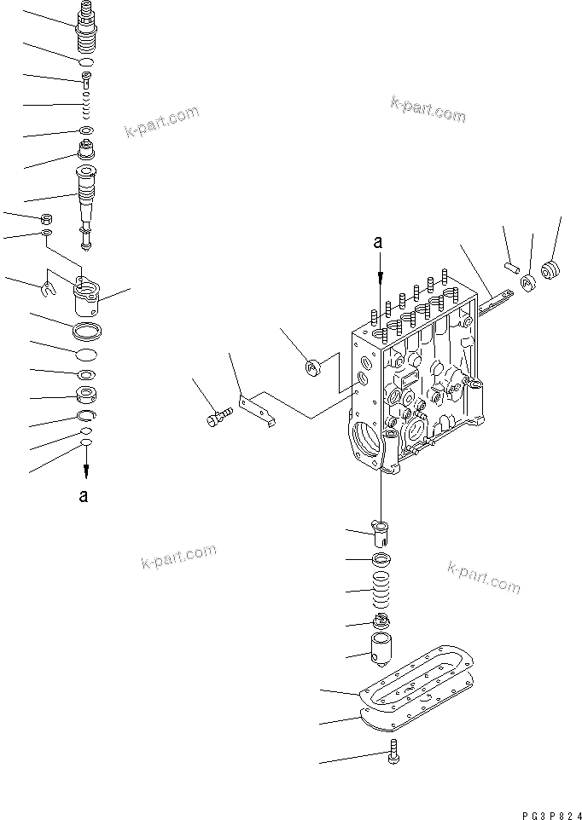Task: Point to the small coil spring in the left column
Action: [x=85, y=107]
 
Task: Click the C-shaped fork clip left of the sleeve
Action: [x=49, y=290]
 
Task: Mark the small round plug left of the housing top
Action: [x=312, y=368]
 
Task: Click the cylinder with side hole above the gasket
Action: [x=381, y=651]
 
